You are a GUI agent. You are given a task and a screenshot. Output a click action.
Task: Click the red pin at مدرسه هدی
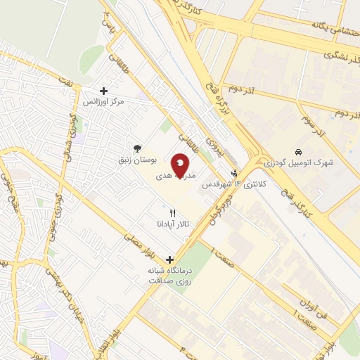point(180,167)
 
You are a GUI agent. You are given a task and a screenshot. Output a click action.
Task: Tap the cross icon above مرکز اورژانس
point(104,91)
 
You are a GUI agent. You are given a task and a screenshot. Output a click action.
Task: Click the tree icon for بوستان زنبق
point(137,148)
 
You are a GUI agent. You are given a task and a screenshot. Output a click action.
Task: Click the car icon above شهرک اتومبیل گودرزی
point(299,152)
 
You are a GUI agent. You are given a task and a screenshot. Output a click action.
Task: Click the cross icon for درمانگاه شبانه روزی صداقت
point(169,258)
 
